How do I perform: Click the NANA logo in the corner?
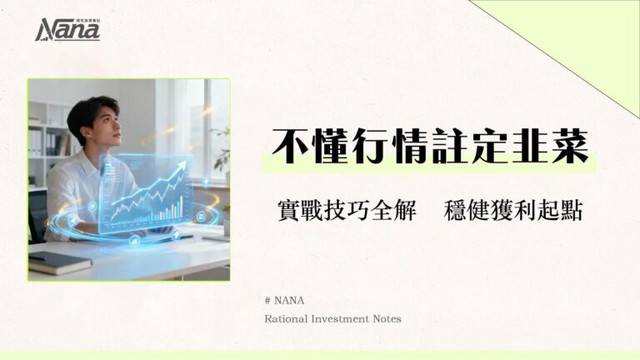tap(67, 30)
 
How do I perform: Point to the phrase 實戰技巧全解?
tap(346, 210)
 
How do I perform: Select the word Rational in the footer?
tap(286, 318)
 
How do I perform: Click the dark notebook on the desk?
tap(58, 262)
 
